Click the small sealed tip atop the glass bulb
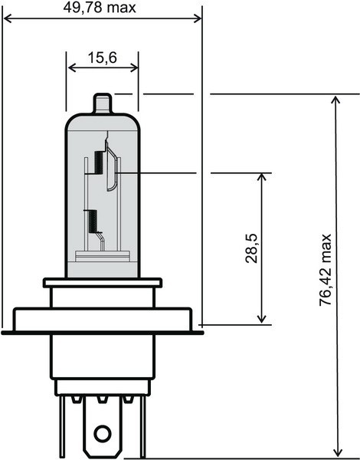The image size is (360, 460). [103, 103]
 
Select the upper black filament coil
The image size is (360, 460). [99, 163]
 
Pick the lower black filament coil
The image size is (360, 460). [93, 222]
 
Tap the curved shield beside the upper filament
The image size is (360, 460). [112, 170]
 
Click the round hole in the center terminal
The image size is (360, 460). [103, 435]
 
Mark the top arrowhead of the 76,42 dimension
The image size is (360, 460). [336, 100]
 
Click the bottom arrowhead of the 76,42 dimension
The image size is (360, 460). [336, 453]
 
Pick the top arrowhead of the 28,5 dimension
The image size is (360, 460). [262, 177]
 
